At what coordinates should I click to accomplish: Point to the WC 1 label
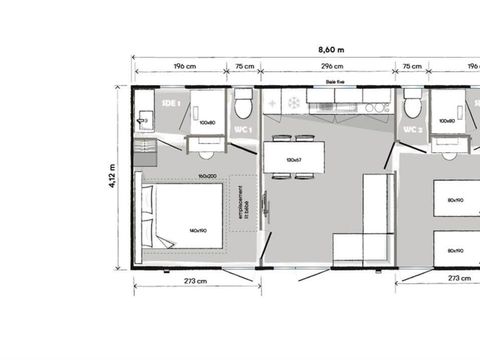click(243, 130)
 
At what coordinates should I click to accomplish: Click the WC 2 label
click(411, 130)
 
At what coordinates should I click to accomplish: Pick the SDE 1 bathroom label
click(171, 103)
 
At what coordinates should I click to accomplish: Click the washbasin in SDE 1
click(143, 120)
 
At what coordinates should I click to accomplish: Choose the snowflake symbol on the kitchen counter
click(295, 102)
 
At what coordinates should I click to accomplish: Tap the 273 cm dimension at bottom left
click(195, 281)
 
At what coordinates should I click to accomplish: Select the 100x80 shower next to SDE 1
click(208, 123)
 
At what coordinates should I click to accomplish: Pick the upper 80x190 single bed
click(456, 200)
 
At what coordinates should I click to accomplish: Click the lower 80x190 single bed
click(456, 249)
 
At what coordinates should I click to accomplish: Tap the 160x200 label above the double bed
click(208, 176)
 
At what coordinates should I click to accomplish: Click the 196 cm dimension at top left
click(184, 67)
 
